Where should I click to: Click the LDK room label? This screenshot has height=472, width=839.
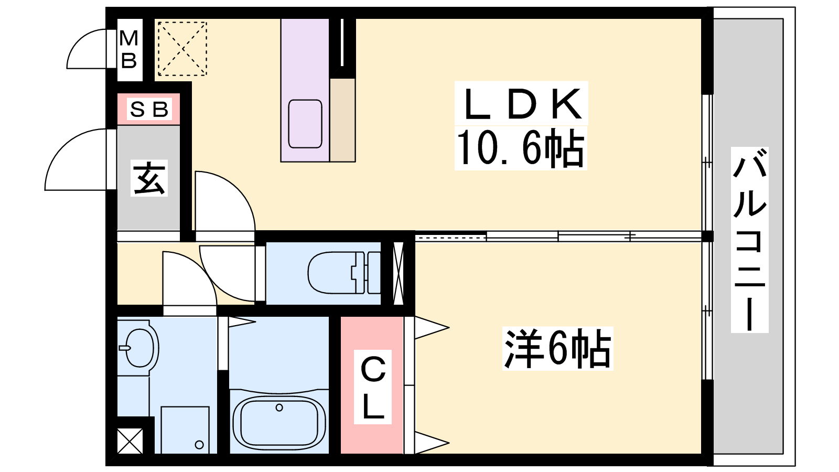522,104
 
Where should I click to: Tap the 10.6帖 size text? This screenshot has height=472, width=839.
520,149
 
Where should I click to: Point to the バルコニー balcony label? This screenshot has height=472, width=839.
749,240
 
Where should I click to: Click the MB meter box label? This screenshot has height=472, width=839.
129,49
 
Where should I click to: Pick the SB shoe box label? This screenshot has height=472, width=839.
149,109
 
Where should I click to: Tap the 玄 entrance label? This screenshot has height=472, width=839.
149,178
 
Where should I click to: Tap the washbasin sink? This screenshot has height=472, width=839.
137,348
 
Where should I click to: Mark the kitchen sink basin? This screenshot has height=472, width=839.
305,124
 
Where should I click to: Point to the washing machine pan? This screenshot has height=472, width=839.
185,430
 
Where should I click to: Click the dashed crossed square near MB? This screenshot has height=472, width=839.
182,48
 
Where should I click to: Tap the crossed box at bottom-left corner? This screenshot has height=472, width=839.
130,441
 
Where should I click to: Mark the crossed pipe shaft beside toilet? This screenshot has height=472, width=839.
398,273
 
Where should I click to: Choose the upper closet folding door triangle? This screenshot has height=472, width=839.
431,328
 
